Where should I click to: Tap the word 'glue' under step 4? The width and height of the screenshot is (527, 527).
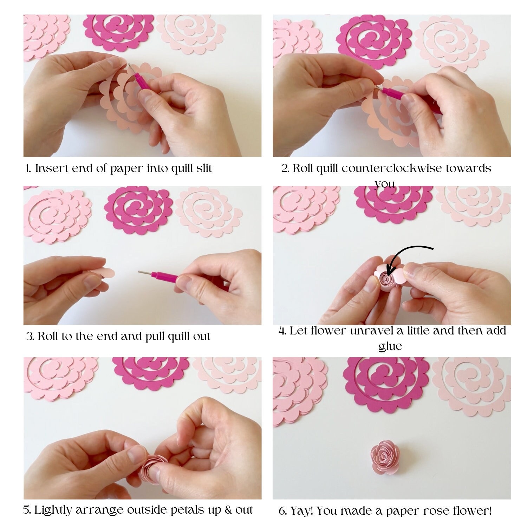390,346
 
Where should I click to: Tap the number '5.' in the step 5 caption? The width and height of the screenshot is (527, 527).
27,510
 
